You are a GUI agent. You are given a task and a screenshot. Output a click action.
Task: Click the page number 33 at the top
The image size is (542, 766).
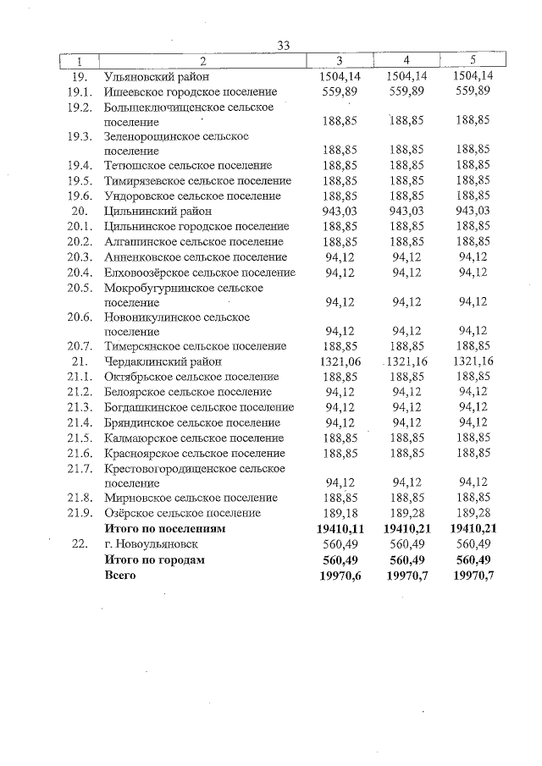(x=284, y=46)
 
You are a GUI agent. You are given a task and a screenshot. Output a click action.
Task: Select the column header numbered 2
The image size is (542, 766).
(x=203, y=61)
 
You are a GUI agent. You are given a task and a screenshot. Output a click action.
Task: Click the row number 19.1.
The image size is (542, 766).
(x=80, y=91)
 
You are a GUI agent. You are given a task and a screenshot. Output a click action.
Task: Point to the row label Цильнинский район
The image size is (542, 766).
(x=158, y=211)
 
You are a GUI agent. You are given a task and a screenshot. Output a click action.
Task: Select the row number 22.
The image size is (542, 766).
(x=80, y=544)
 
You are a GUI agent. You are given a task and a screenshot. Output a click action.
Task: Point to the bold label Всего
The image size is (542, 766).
(x=119, y=576)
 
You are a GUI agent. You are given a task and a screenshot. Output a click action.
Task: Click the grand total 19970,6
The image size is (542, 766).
(x=340, y=576)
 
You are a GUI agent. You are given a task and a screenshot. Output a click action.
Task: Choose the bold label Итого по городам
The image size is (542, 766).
(x=154, y=559)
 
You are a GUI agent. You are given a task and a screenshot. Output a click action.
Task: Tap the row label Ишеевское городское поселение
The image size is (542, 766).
(x=191, y=91)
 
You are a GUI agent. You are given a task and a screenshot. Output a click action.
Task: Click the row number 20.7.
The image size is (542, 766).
(x=80, y=346)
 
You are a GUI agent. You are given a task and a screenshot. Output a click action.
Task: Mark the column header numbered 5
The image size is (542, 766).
(x=473, y=61)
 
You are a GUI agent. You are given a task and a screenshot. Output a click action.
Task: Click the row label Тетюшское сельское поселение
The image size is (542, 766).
(x=188, y=165)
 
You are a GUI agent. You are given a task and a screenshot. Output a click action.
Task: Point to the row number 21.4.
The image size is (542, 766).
(x=80, y=422)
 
